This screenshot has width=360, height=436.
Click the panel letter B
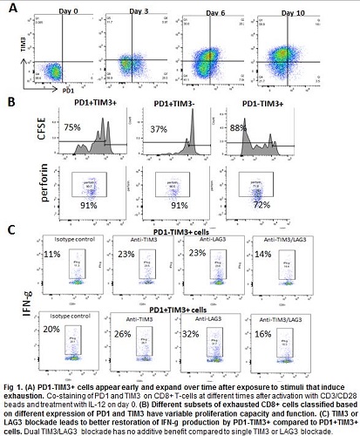(x=10, y=102)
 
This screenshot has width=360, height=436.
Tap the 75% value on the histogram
(x=71, y=127)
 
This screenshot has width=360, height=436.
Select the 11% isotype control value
(x=53, y=254)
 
